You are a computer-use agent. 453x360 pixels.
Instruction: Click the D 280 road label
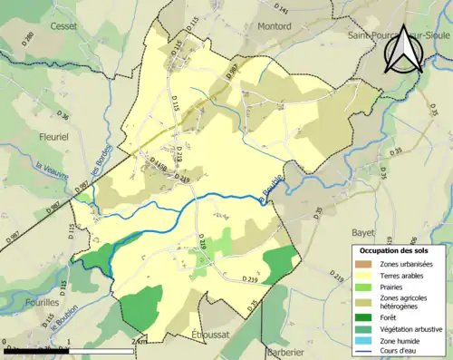pos(26,40)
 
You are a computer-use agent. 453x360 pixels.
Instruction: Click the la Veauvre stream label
pos(53,170)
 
